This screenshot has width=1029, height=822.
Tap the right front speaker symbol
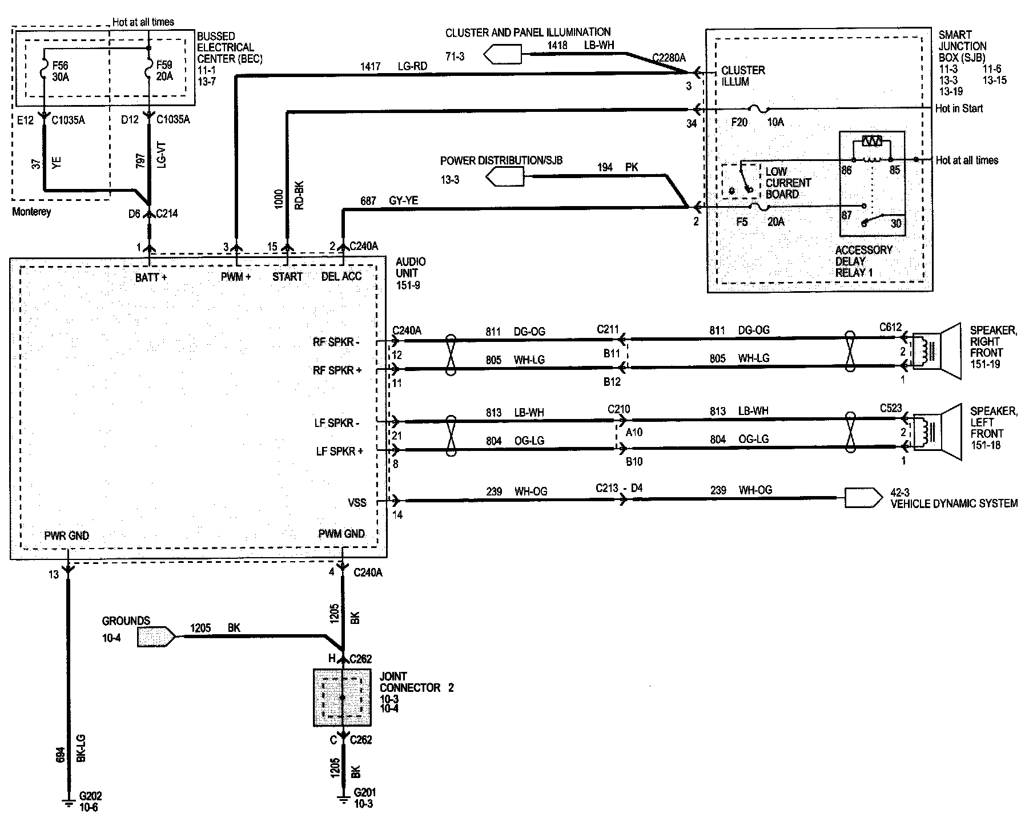point(936,351)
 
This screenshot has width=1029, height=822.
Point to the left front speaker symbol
point(936,433)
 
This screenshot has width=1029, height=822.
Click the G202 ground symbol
point(67,801)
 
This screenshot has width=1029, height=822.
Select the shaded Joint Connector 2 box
point(342,698)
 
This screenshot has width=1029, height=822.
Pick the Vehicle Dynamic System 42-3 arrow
point(863,498)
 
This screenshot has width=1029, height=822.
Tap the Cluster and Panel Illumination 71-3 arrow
point(502,55)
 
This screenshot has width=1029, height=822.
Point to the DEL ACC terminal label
point(341,277)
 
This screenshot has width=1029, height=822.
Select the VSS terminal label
point(357,503)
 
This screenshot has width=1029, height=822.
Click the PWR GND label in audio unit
point(67,536)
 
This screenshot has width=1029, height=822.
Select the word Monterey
point(31,212)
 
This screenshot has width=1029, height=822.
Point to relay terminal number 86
point(846,170)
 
